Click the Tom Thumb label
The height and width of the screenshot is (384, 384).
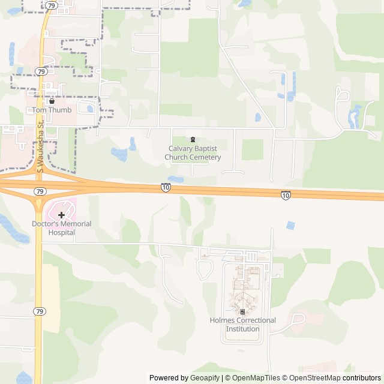pos(52,110)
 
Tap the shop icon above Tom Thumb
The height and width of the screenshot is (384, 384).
pos(52,101)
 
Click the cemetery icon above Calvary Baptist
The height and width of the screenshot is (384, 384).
pos(193,140)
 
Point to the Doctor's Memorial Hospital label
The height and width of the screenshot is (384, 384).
pos(61,228)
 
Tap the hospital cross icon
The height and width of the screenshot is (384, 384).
pos(61,215)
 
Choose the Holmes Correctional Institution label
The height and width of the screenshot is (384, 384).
pos(242,325)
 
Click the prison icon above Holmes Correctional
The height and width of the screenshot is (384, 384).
pos(242,312)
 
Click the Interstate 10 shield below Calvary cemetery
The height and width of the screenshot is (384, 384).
pos(166,188)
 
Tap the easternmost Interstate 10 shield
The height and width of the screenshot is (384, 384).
pos(286,195)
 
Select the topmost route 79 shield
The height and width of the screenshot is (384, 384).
pos(52,5)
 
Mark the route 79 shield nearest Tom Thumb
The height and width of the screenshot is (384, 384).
pos(41,71)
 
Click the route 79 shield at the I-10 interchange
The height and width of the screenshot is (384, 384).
pos(40,191)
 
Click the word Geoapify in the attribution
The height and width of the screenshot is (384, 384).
pos(205,378)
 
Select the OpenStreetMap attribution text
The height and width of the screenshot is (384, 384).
pos(313,378)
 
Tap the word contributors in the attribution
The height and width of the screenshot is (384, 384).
pos(362,378)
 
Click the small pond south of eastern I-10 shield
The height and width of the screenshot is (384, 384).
pos(291,226)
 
